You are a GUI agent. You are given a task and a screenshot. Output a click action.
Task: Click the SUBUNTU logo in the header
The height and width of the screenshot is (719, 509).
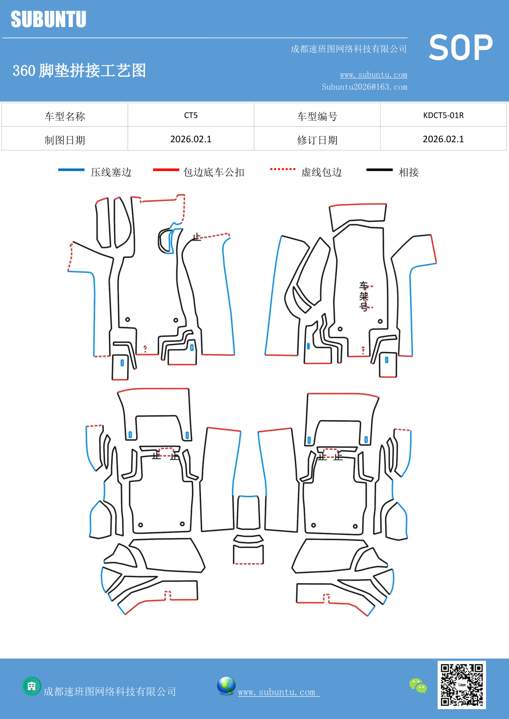click(48, 19)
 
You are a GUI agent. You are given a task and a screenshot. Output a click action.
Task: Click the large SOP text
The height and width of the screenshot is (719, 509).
click(461, 48)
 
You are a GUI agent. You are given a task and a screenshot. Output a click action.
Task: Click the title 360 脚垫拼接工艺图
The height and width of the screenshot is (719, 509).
click(79, 71)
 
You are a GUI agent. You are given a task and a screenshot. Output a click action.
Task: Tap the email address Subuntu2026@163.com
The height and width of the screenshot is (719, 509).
click(364, 87)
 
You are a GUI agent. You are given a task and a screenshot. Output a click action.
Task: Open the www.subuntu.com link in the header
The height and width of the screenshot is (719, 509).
click(373, 75)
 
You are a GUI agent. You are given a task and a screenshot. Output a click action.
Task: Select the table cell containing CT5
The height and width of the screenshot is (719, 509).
click(191, 115)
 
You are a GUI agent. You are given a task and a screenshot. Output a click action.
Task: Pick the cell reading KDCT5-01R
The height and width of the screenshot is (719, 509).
click(443, 115)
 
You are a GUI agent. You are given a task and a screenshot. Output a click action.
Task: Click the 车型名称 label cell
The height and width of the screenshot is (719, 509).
click(65, 116)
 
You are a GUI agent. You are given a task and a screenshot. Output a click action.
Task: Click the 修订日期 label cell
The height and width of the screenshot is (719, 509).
click(317, 140)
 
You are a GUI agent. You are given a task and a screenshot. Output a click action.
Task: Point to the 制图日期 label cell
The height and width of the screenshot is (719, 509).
click(65, 140)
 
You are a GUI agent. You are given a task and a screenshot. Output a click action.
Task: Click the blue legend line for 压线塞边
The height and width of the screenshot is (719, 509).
click(71, 170)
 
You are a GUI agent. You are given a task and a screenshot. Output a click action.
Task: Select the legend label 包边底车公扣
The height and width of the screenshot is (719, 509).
click(214, 172)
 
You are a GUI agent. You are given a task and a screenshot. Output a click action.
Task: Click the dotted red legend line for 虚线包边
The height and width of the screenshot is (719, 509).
click(283, 169)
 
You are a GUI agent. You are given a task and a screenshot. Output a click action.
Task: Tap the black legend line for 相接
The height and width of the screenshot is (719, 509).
click(379, 170)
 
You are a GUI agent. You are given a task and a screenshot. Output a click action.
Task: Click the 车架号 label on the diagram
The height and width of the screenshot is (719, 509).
click(364, 296)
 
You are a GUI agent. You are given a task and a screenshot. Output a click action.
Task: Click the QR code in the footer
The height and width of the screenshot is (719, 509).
click(461, 685)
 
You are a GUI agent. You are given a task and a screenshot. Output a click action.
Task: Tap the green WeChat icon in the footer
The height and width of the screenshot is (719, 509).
click(418, 686)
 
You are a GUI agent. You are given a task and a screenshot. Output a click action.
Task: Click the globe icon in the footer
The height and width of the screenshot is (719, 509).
click(226, 686)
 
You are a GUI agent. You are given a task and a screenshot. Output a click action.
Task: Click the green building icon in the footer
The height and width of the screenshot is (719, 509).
click(32, 686)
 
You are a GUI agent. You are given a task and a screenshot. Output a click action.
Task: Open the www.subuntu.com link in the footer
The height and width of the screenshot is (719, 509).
click(277, 692)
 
